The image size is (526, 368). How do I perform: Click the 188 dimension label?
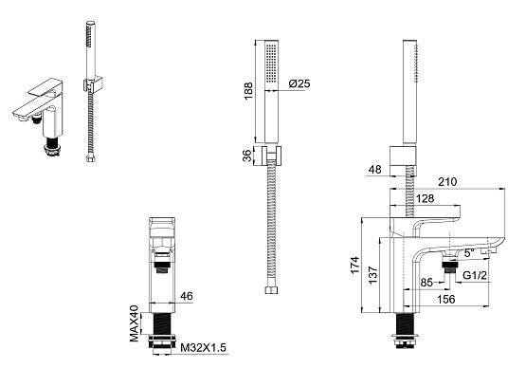pyautogui.click(x=248, y=91)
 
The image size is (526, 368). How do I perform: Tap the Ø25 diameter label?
pyautogui.click(x=299, y=83)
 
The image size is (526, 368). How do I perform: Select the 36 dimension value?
pyautogui.click(x=247, y=156)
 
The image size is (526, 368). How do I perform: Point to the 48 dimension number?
pyautogui.click(x=375, y=169)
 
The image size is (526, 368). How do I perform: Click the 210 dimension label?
pyautogui.click(x=447, y=182)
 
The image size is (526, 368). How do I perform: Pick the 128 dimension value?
pyautogui.click(x=425, y=198)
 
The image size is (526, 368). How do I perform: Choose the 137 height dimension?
pyautogui.click(x=373, y=275)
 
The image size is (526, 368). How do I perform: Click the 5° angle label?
pyautogui.click(x=467, y=253)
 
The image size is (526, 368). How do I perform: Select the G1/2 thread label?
pyautogui.click(x=475, y=275)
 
